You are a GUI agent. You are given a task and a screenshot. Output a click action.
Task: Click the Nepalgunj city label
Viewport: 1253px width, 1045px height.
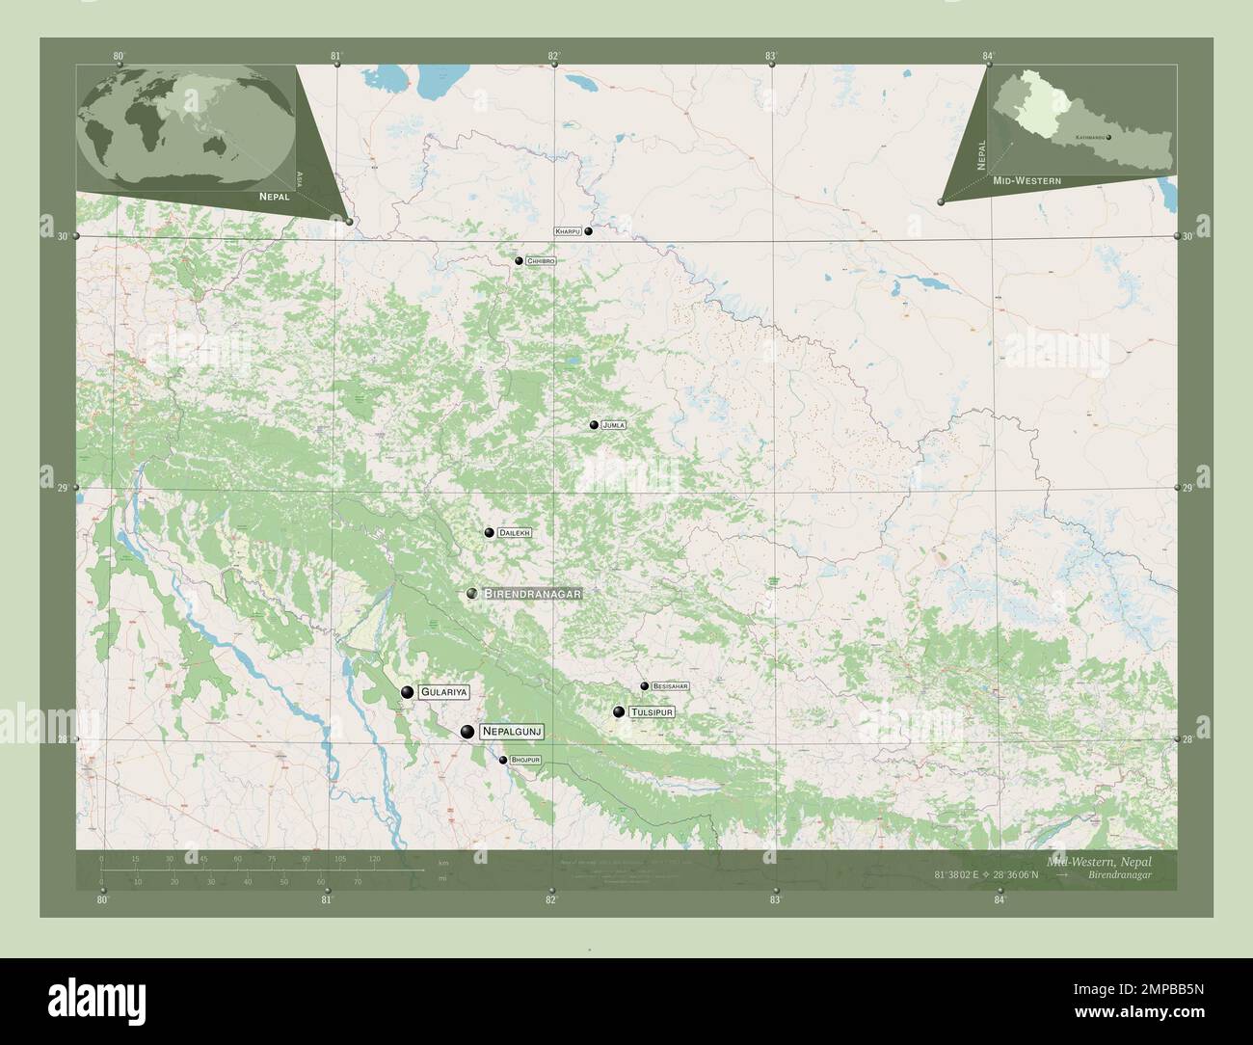point(512,733)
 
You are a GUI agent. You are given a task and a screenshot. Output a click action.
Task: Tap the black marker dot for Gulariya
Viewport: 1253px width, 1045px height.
point(408,692)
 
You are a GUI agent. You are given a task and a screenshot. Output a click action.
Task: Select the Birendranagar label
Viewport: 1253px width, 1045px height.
point(532,594)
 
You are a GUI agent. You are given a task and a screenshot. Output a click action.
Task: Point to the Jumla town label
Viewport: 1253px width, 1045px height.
point(613,425)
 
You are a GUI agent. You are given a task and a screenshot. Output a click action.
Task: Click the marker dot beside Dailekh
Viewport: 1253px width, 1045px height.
point(490,533)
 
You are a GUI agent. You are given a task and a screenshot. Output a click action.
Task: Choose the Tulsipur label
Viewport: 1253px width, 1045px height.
point(651,712)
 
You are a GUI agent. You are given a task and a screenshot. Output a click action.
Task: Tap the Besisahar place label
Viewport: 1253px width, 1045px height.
point(670,686)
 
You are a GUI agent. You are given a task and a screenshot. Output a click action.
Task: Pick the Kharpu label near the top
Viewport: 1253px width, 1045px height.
point(567,232)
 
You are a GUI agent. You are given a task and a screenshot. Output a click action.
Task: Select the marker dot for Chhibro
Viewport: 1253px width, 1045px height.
point(519,261)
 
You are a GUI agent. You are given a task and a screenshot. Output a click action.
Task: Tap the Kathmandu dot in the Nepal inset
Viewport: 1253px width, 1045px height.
point(1109,138)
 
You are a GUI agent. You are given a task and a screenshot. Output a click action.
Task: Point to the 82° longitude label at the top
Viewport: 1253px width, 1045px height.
point(553,56)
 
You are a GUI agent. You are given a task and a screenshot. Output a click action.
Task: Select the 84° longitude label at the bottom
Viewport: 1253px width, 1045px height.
point(1000,900)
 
